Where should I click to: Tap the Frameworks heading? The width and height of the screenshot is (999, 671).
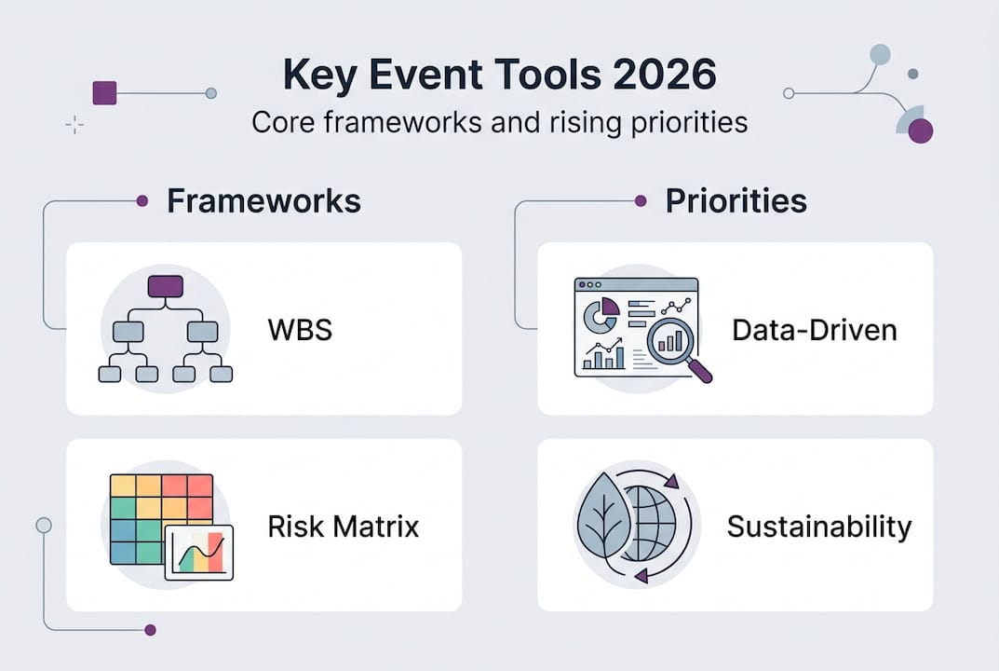(x=263, y=200)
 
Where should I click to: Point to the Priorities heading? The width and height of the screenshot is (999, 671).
(x=736, y=200)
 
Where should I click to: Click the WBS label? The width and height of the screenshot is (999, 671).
(x=299, y=329)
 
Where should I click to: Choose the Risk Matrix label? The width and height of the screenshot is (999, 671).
(x=343, y=527)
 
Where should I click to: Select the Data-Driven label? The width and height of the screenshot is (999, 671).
(x=815, y=329)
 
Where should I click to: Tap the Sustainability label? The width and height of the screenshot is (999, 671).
(x=818, y=527)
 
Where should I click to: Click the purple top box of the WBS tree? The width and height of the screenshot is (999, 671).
(x=165, y=286)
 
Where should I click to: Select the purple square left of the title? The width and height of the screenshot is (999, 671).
(x=104, y=92)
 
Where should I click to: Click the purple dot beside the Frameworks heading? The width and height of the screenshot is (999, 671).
(x=142, y=200)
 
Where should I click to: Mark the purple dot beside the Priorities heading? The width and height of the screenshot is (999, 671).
(x=641, y=200)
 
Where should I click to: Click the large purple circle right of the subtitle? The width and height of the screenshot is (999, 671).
(x=920, y=130)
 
